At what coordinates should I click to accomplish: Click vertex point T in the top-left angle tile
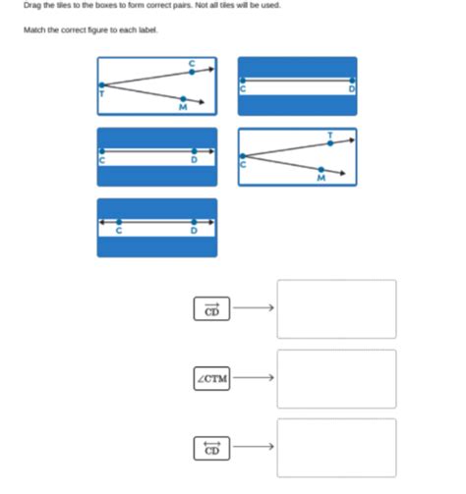[x=100, y=84]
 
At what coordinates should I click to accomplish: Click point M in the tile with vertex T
[x=184, y=98]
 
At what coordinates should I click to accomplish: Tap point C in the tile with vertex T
[x=192, y=71]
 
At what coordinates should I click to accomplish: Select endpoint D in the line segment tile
[x=352, y=81]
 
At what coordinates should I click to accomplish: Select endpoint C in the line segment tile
[x=242, y=81]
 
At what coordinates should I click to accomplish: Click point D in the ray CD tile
[x=194, y=150]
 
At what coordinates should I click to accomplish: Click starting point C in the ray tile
[x=100, y=150]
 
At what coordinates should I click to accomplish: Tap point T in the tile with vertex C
[x=329, y=142]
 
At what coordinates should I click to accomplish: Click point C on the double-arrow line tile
[x=120, y=222]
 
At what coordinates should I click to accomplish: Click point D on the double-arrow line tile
[x=194, y=222]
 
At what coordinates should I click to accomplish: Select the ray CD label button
[x=211, y=309]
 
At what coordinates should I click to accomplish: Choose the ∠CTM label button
[x=211, y=378]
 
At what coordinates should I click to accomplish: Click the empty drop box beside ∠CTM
[x=336, y=378]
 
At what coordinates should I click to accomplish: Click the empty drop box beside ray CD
[x=336, y=309]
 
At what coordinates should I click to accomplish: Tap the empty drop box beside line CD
[x=336, y=448]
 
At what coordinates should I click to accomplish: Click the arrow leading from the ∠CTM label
[x=251, y=378]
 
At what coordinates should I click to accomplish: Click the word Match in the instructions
[x=34, y=29]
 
